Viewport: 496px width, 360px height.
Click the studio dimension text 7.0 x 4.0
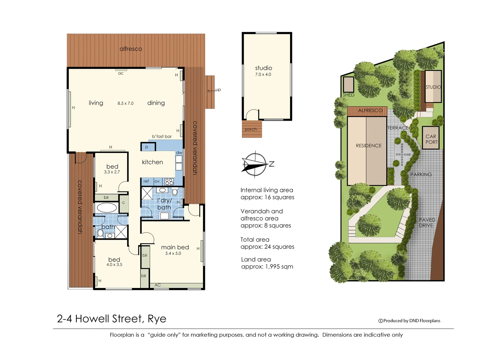(x=263, y=74)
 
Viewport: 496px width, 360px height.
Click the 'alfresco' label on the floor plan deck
(x=131, y=49)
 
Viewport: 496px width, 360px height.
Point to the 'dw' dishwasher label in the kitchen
(x=179, y=153)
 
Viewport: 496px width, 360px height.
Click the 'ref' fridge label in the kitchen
(x=146, y=181)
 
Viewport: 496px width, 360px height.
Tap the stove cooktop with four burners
(x=169, y=182)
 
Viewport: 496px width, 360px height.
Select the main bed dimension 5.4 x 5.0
(x=173, y=253)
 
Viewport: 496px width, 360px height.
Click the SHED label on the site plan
(x=348, y=95)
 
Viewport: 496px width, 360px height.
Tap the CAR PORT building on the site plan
(x=431, y=139)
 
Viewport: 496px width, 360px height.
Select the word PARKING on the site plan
(x=421, y=174)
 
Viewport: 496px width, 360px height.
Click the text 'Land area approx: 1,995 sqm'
(x=267, y=263)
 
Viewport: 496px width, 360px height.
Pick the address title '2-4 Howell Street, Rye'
(x=111, y=319)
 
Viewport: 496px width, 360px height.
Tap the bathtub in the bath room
(x=106, y=208)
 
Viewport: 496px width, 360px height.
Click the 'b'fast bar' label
(x=162, y=136)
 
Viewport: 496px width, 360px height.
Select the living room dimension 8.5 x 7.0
(x=125, y=103)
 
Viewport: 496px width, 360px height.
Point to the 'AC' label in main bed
(x=158, y=285)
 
